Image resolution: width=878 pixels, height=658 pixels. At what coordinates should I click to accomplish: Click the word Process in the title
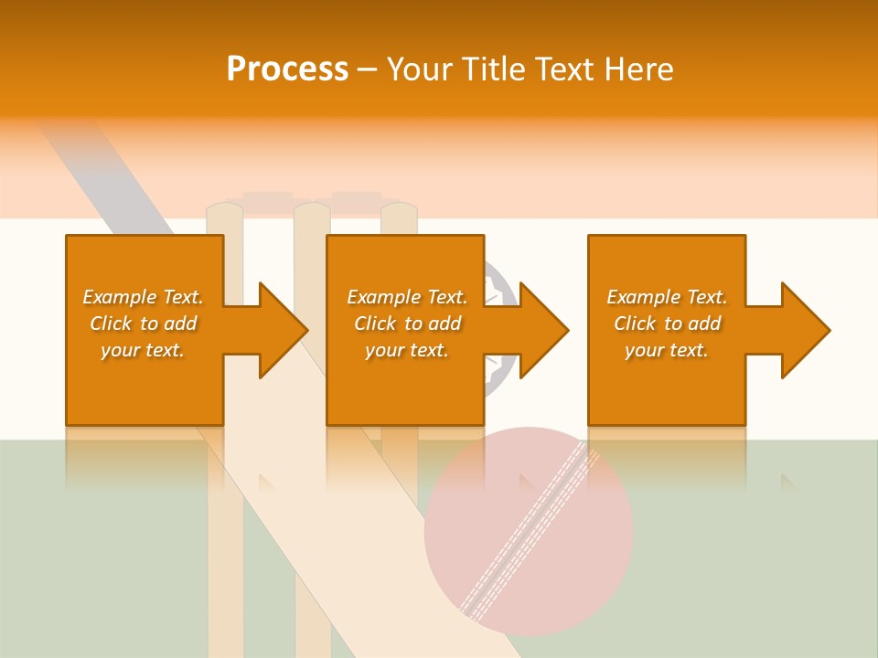click(287, 69)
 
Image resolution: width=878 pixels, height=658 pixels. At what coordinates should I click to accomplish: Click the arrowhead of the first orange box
click(282, 330)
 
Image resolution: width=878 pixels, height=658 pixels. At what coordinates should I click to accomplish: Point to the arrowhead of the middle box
click(542, 330)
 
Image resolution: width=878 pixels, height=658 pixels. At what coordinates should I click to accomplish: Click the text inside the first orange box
click(143, 324)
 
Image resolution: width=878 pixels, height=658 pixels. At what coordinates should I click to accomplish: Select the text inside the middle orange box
click(406, 324)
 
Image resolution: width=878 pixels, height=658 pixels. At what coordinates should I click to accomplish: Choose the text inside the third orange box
click(667, 324)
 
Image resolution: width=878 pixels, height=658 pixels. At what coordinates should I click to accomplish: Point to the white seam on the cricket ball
click(529, 530)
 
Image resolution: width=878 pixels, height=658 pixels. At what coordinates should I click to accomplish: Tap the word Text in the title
click(562, 69)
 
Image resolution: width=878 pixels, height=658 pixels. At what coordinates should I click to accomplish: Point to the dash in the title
click(367, 70)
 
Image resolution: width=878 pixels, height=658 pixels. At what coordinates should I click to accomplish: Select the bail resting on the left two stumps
click(268, 197)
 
